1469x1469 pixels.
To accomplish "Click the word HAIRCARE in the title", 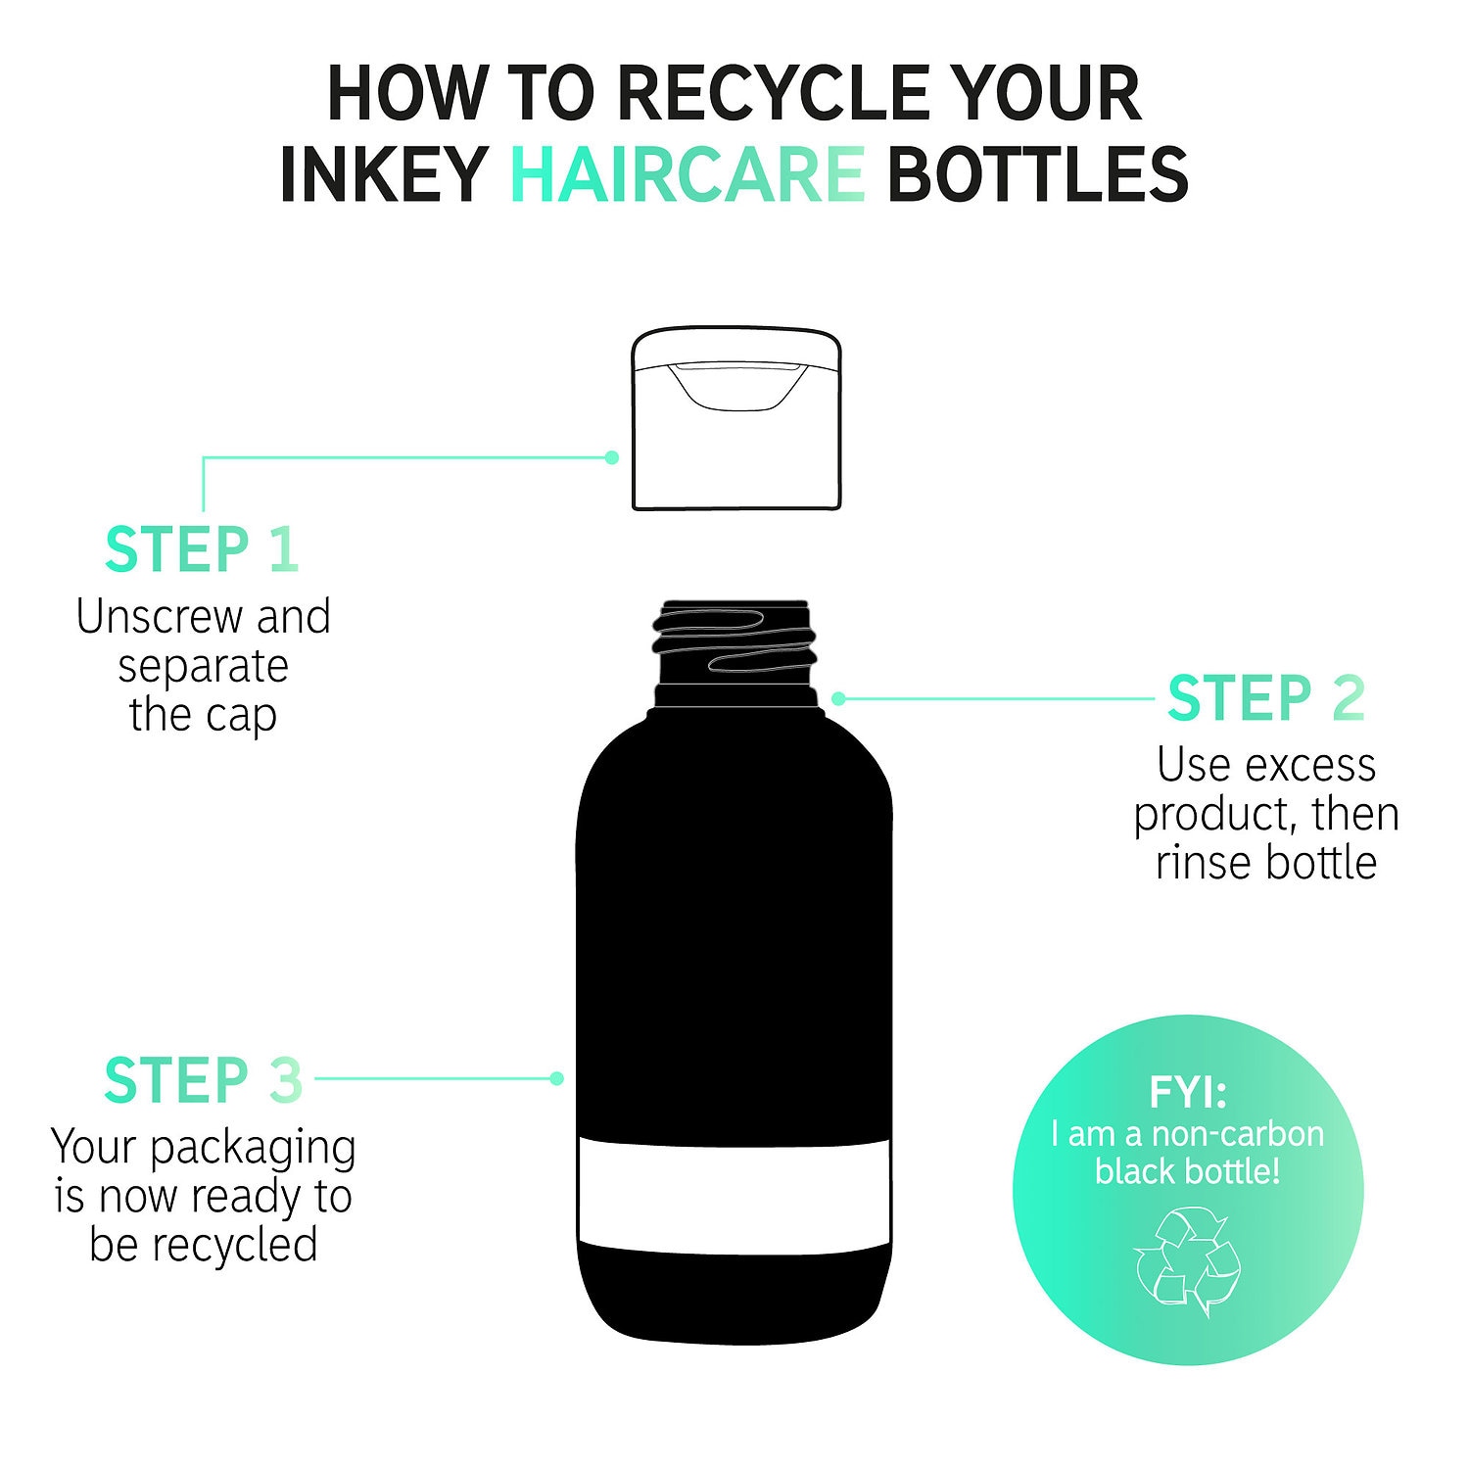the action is click(x=687, y=174).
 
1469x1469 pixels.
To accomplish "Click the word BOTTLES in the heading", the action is click(x=1038, y=174).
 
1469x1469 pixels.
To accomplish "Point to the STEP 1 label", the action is click(x=202, y=549).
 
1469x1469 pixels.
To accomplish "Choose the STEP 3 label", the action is click(x=204, y=1080).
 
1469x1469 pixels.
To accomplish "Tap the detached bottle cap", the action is click(x=736, y=418).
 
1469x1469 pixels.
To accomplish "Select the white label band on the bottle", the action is click(x=734, y=1196).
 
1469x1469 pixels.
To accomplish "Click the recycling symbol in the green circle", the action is click(x=1187, y=1261).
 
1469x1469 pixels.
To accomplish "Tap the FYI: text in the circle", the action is click(x=1188, y=1093).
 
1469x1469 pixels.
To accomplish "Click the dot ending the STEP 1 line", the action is click(x=612, y=457).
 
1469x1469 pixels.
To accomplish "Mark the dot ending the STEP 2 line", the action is click(x=839, y=698).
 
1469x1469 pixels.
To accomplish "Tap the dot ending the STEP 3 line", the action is click(x=557, y=1078).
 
